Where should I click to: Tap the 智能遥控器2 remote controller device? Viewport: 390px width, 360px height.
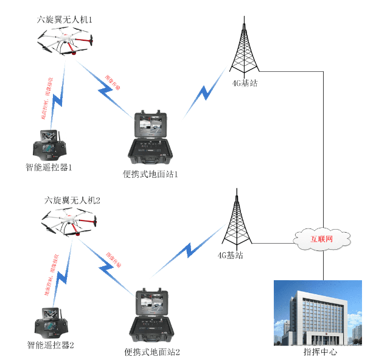click(50, 325)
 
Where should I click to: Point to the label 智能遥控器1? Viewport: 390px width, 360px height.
click(49, 167)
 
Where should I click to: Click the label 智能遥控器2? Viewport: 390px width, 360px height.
click(50, 345)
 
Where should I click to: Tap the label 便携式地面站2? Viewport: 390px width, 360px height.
click(152, 351)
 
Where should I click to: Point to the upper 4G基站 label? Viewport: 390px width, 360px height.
click(245, 83)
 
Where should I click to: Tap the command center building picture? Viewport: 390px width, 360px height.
click(318, 312)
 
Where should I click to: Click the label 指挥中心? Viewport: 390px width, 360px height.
click(320, 352)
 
